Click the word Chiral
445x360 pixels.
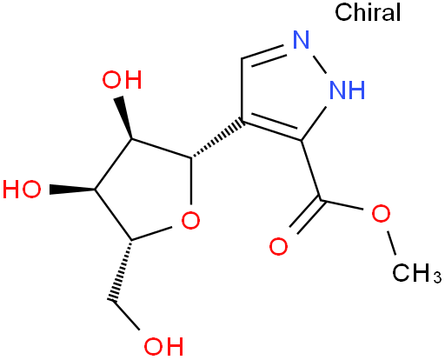(368, 12)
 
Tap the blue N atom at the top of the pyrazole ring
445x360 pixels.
(302, 39)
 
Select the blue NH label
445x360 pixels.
(348, 90)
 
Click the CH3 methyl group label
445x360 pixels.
(416, 273)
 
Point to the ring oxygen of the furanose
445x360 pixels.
(190, 220)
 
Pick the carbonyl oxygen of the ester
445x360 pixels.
(278, 247)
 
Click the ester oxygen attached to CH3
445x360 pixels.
(381, 214)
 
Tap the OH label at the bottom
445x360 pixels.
(163, 346)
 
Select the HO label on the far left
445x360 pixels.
(22, 190)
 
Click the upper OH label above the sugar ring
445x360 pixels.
(122, 80)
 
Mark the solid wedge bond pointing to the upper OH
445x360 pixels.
(124, 117)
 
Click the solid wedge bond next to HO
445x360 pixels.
(72, 190)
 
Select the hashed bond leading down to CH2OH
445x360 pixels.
(122, 270)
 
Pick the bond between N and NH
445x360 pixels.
(320, 63)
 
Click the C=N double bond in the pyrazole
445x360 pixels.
(263, 54)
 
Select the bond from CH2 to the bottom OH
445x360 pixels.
(125, 316)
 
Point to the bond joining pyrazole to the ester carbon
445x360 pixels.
(311, 170)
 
